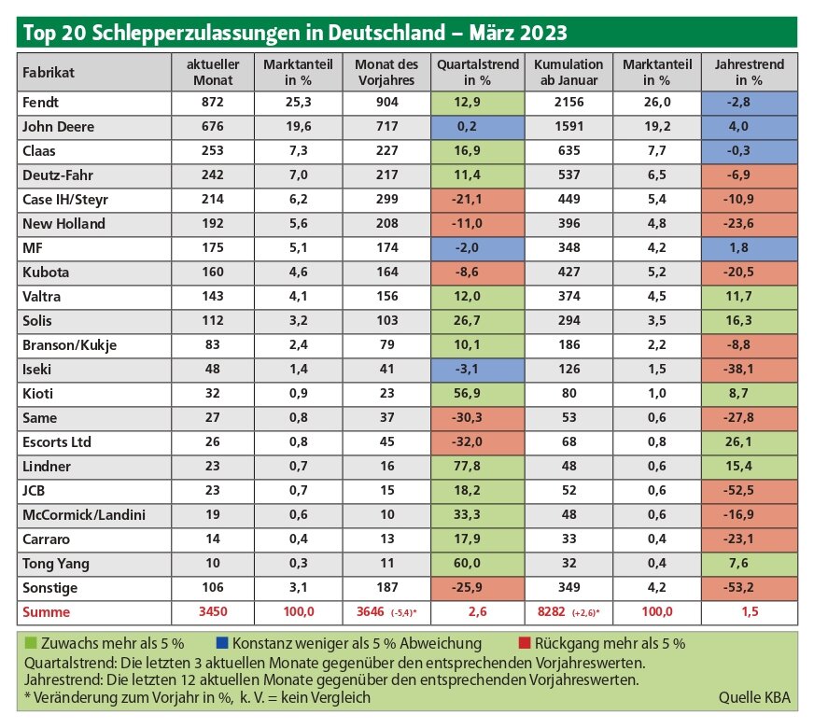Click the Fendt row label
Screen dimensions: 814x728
click(x=40, y=103)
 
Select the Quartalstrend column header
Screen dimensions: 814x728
click(x=478, y=72)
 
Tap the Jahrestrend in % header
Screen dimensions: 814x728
click(x=749, y=72)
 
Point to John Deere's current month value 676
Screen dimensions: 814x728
click(x=212, y=127)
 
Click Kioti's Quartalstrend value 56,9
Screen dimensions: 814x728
click(x=467, y=393)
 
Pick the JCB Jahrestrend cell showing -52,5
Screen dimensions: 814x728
click(x=738, y=490)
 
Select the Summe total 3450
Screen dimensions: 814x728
click(x=213, y=611)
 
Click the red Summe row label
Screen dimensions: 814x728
click(x=46, y=612)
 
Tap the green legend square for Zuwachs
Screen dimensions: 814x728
click(x=31, y=643)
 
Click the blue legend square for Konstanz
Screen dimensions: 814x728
click(x=221, y=643)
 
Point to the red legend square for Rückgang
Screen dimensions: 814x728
click(x=525, y=643)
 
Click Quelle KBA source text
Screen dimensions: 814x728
click(x=754, y=698)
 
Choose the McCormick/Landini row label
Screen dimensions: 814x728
click(x=84, y=515)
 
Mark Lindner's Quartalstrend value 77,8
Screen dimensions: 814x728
click(x=467, y=466)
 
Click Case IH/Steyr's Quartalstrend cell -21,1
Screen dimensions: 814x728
click(x=467, y=199)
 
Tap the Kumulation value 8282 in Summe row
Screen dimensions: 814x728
click(x=551, y=611)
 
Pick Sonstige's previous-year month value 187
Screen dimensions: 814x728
click(x=386, y=587)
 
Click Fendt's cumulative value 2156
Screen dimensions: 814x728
click(x=569, y=103)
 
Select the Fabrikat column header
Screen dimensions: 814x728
click(x=49, y=73)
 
